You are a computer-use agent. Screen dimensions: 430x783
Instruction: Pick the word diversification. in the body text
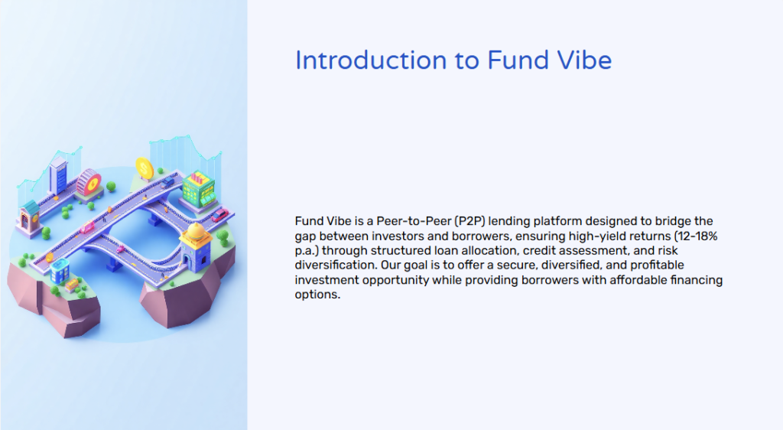tap(334, 265)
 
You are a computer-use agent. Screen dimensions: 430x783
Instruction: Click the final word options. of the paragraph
tap(317, 295)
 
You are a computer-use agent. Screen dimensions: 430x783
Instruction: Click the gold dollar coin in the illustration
tap(144, 166)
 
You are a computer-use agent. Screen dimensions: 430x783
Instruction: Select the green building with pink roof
tap(198, 190)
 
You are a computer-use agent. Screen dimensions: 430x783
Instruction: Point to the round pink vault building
tap(89, 182)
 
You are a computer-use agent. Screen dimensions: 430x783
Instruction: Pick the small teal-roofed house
tap(31, 214)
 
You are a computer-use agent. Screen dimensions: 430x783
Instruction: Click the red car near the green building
tap(219, 214)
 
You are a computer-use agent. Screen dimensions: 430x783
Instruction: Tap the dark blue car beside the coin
tap(167, 182)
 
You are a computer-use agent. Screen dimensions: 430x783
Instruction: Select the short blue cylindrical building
tap(60, 269)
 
